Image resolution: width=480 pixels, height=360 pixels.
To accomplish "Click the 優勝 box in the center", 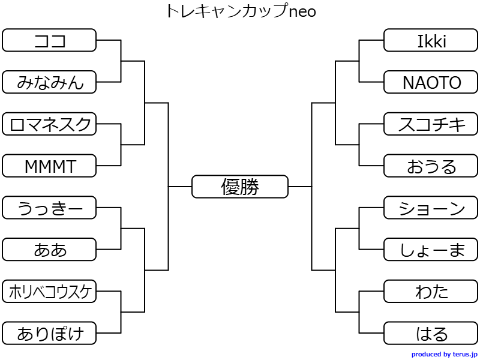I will (x=240, y=187).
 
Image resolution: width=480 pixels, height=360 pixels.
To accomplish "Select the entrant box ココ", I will (x=49, y=40).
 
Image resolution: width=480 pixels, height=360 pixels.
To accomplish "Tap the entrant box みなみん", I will (x=49, y=82).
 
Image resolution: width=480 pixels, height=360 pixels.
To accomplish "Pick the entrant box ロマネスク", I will (x=49, y=124).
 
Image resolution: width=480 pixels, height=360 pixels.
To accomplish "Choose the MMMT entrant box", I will (x=49, y=166).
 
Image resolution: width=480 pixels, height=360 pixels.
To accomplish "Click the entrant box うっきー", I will (x=49, y=208).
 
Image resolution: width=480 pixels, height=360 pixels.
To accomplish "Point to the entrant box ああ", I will (x=49, y=250).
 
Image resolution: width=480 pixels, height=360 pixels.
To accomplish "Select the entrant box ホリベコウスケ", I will (x=49, y=292).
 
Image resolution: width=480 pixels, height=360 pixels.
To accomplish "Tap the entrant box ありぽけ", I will (x=49, y=333).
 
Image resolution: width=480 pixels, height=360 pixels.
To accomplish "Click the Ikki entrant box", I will (x=431, y=40).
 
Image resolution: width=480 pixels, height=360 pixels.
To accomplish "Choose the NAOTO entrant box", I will (x=431, y=82).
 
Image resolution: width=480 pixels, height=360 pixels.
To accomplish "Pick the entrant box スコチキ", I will (x=431, y=124).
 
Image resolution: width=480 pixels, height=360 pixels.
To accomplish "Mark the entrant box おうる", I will (x=431, y=166).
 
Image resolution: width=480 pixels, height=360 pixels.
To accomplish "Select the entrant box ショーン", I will (x=431, y=208).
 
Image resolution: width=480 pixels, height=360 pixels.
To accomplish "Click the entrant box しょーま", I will (x=431, y=250).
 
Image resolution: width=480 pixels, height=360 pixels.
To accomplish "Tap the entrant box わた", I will (x=431, y=292).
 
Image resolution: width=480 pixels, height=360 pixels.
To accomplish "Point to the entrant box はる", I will (x=431, y=333).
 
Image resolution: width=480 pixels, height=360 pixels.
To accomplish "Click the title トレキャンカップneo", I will (x=240, y=11).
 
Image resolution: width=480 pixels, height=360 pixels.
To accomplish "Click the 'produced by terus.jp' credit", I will (x=444, y=355).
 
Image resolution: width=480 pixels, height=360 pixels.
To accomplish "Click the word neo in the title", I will (x=302, y=11).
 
